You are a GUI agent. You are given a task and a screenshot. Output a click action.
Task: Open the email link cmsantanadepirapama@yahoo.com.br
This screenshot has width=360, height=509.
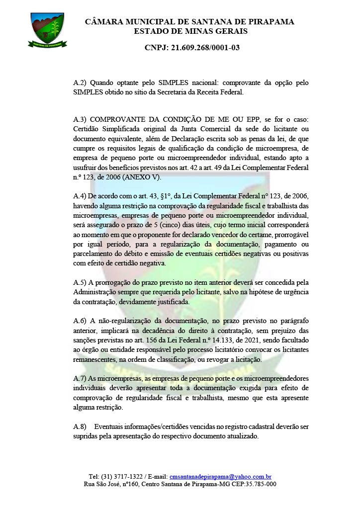pyautogui.click(x=220, y=476)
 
